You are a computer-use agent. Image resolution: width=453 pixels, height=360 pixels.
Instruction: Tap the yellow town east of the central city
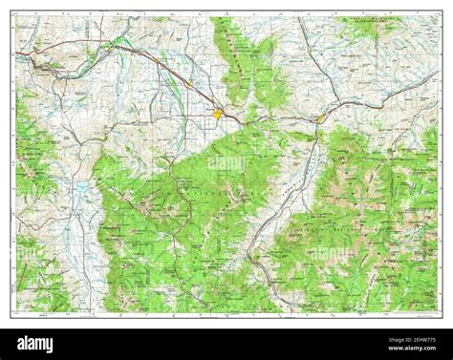[x=321, y=118]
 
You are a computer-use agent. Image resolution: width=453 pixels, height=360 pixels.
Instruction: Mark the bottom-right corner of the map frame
[x=439, y=313]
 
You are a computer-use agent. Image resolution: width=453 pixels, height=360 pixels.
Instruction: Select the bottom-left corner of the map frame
[x=13, y=313]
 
